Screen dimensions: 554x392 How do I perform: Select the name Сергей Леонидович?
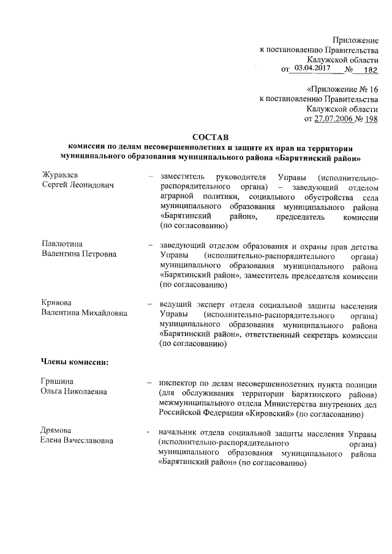coord(77,186)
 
